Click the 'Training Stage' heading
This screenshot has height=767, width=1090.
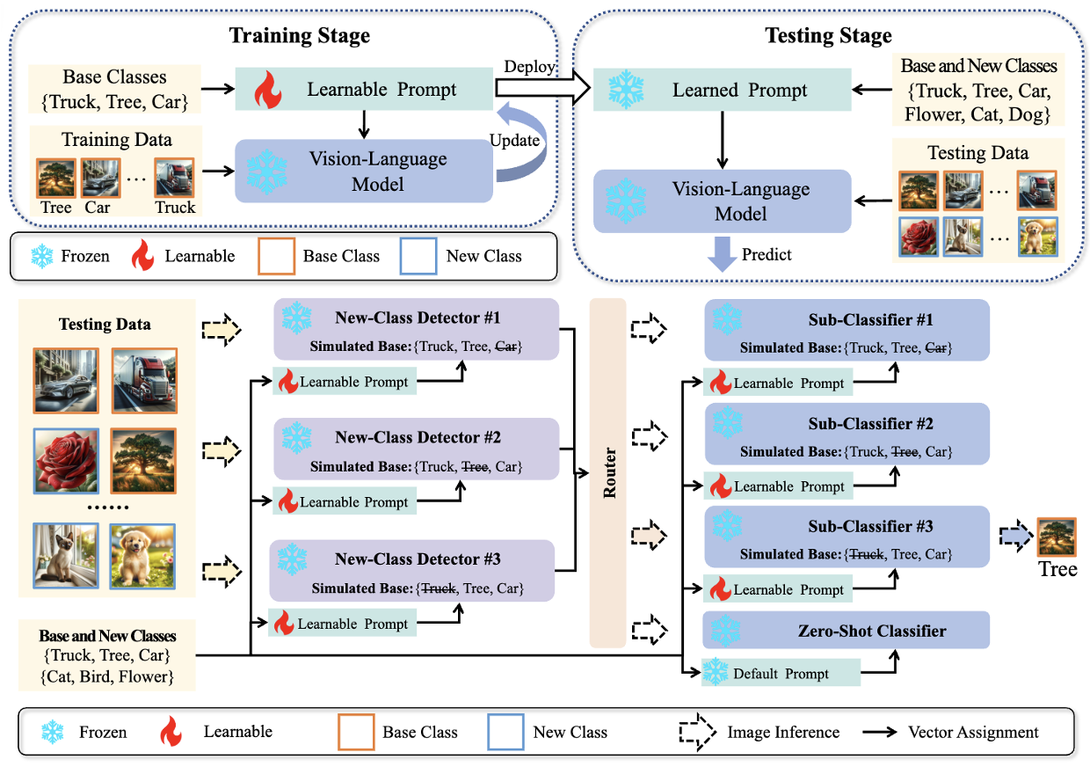click(299, 36)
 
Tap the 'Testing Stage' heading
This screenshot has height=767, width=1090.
click(828, 36)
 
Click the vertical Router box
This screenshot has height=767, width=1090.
click(607, 473)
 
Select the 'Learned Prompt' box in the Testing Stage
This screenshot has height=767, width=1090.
click(722, 91)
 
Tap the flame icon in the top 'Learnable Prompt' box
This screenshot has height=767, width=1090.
click(266, 89)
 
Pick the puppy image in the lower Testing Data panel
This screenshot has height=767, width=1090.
click(142, 555)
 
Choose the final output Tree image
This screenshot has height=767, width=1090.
click(1057, 537)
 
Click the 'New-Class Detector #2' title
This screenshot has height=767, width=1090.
click(418, 437)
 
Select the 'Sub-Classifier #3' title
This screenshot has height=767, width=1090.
click(870, 527)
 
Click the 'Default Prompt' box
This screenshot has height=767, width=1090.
click(781, 674)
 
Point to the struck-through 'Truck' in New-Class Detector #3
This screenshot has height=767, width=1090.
click(437, 588)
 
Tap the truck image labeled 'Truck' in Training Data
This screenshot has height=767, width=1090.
click(174, 178)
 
